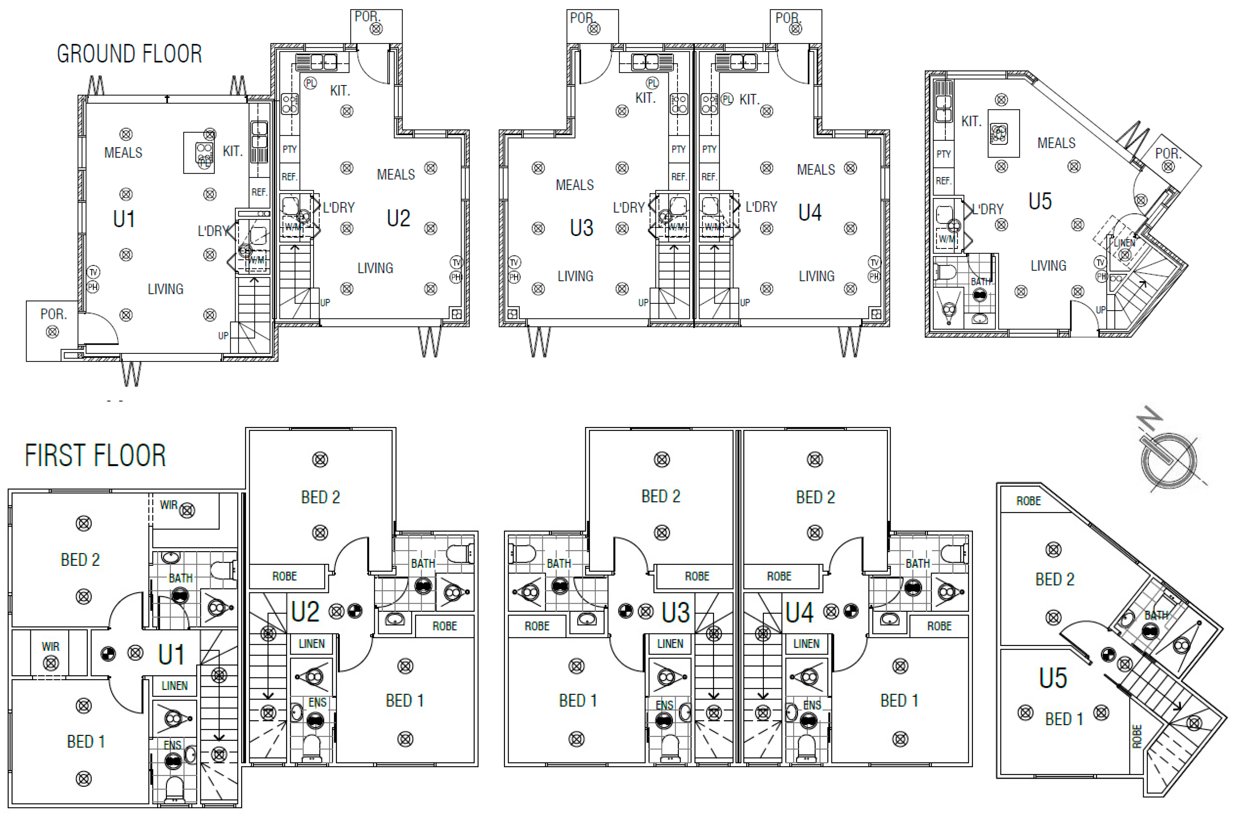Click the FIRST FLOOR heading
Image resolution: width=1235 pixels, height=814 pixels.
(95, 455)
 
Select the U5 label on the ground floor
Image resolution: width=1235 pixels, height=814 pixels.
(1040, 201)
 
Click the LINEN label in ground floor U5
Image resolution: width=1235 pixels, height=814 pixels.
(1124, 243)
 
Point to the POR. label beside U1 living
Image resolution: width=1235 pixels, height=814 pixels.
(53, 314)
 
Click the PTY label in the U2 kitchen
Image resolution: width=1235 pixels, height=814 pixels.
(290, 150)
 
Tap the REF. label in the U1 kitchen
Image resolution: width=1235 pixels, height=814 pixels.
(259, 192)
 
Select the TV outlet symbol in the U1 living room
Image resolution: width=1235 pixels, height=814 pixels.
(93, 272)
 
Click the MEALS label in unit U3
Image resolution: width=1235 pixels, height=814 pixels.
(574, 185)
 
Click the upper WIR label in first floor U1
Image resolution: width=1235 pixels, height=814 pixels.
(168, 504)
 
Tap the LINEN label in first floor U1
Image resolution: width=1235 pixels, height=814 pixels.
(174, 686)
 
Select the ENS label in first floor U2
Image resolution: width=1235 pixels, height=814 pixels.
(317, 702)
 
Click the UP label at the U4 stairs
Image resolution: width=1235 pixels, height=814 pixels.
(745, 302)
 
